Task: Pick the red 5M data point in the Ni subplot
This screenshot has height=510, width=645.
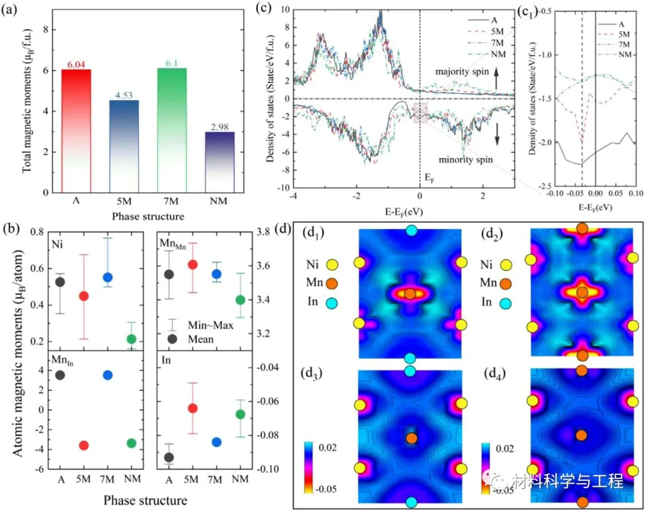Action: pos(84,296)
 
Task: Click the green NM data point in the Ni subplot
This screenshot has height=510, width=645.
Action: pos(131,339)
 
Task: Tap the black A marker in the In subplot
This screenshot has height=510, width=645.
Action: pos(169,457)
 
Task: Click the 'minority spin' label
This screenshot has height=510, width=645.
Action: pos(465,161)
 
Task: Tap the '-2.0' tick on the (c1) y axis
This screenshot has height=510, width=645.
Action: pos(542,143)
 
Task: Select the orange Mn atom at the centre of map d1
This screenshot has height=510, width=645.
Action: pos(410,294)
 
